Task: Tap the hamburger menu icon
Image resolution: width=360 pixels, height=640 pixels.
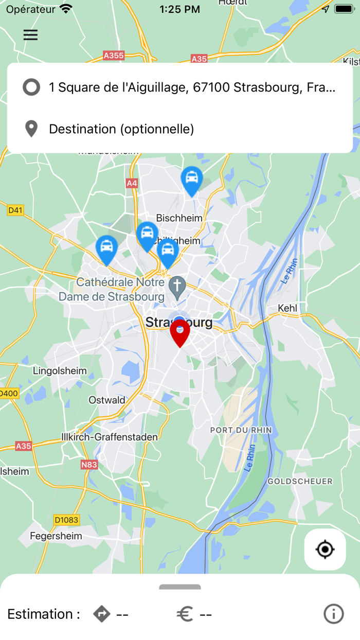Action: [30, 35]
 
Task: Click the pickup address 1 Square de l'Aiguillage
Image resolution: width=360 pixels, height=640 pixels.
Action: [192, 87]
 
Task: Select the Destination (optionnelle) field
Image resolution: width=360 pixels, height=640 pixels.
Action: [121, 129]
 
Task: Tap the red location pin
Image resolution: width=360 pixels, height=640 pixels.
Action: [180, 331]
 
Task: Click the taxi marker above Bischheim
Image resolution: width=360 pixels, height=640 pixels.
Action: [192, 180]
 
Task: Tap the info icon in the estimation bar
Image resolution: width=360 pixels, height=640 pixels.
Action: [333, 614]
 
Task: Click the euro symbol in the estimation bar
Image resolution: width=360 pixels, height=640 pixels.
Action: [185, 614]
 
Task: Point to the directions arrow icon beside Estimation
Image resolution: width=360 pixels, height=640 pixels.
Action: [102, 614]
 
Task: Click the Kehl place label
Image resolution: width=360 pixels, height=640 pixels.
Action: [287, 308]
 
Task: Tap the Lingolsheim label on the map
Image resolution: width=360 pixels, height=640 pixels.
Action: [60, 371]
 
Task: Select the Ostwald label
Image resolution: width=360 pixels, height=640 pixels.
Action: [107, 400]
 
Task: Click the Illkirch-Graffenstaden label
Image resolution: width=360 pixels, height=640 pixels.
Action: [110, 437]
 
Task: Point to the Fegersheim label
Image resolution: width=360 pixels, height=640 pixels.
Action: [56, 536]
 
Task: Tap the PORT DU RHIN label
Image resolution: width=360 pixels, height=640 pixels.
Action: [241, 430]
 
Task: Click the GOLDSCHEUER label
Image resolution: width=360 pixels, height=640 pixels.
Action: [300, 482]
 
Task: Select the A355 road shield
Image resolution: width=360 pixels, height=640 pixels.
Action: [114, 55]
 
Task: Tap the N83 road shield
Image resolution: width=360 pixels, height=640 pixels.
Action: [89, 465]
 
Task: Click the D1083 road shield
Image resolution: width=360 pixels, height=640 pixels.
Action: [66, 520]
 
